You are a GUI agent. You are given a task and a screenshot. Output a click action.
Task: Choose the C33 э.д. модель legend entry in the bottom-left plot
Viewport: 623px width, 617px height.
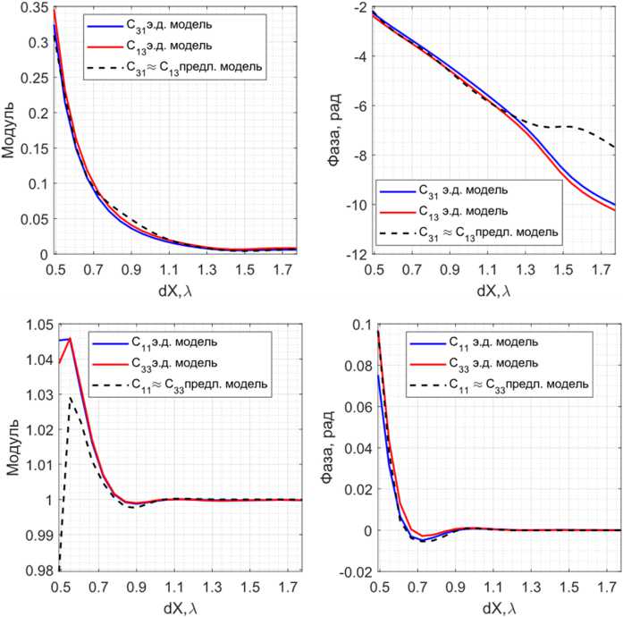(x=171, y=363)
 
